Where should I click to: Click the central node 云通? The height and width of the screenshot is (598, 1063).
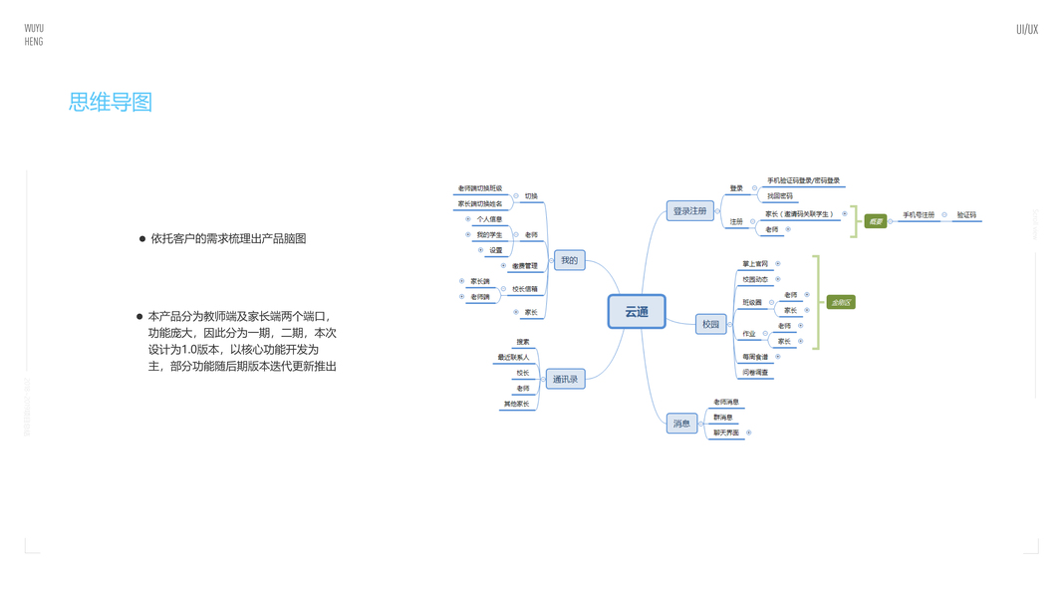[x=637, y=312]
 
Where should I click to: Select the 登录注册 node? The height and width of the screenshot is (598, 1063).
[x=689, y=211]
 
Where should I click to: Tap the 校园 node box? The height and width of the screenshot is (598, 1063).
[x=710, y=324]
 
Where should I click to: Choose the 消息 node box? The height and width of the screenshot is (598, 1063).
[x=681, y=424]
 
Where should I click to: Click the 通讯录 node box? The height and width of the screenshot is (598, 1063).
[x=565, y=379]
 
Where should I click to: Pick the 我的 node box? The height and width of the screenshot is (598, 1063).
[x=569, y=261]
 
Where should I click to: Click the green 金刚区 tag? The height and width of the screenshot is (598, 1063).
[x=841, y=302]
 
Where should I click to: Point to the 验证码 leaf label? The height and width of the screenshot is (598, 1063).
[x=966, y=215]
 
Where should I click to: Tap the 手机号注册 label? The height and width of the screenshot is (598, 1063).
[x=919, y=215]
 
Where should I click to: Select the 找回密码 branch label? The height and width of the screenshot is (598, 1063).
[x=780, y=196]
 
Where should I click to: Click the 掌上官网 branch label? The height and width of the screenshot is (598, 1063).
[x=755, y=264]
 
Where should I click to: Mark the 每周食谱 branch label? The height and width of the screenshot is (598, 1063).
[x=755, y=357]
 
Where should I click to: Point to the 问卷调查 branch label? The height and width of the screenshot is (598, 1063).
[x=755, y=373]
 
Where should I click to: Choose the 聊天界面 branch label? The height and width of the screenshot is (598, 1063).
[x=726, y=433]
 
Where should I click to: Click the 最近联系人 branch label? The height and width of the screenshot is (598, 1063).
[x=513, y=357]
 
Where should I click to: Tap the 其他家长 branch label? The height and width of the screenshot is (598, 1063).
[x=516, y=404]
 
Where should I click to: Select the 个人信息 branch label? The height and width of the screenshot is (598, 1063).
[x=489, y=219]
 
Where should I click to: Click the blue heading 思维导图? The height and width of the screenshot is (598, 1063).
[x=111, y=102]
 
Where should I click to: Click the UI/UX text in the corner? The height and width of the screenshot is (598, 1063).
[x=1026, y=30]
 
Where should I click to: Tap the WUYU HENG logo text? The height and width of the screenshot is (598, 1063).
[x=34, y=35]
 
